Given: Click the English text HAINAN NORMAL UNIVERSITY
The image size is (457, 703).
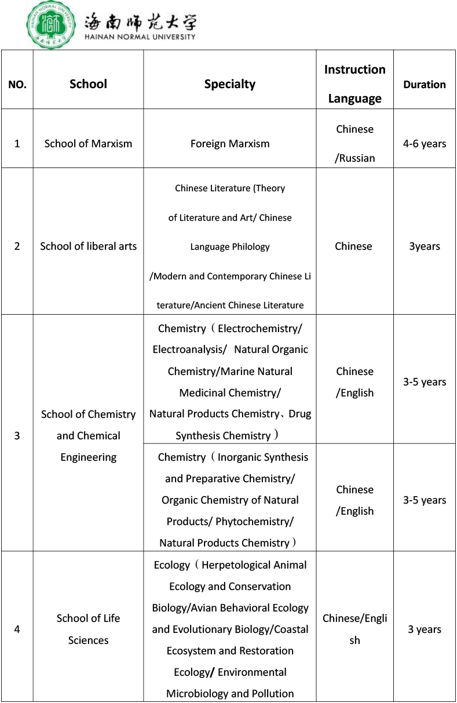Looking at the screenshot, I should [x=140, y=36].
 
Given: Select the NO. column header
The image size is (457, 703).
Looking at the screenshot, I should [x=17, y=85].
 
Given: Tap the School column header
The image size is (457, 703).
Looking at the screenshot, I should [x=88, y=84].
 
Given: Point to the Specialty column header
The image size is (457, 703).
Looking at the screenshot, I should [x=230, y=84].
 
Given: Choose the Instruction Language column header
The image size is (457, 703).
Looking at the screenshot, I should [x=354, y=84].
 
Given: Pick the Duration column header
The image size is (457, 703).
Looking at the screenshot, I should [x=425, y=85].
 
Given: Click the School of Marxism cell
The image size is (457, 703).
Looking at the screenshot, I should [x=88, y=144].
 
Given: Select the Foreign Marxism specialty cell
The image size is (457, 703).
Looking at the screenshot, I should [x=230, y=144].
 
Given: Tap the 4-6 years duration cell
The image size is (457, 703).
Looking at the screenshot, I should [x=425, y=144].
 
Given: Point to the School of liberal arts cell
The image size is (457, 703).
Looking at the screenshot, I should [x=88, y=246].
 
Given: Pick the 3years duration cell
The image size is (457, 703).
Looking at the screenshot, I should [x=425, y=246].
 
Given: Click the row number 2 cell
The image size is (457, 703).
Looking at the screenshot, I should [x=17, y=246].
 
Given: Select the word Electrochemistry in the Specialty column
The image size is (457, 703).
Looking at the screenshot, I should [x=259, y=329].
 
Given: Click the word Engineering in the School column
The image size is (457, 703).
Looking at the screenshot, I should [x=88, y=457].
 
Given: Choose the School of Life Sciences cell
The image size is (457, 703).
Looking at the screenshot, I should [x=88, y=629].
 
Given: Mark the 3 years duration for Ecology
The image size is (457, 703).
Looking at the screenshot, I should [x=425, y=629].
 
